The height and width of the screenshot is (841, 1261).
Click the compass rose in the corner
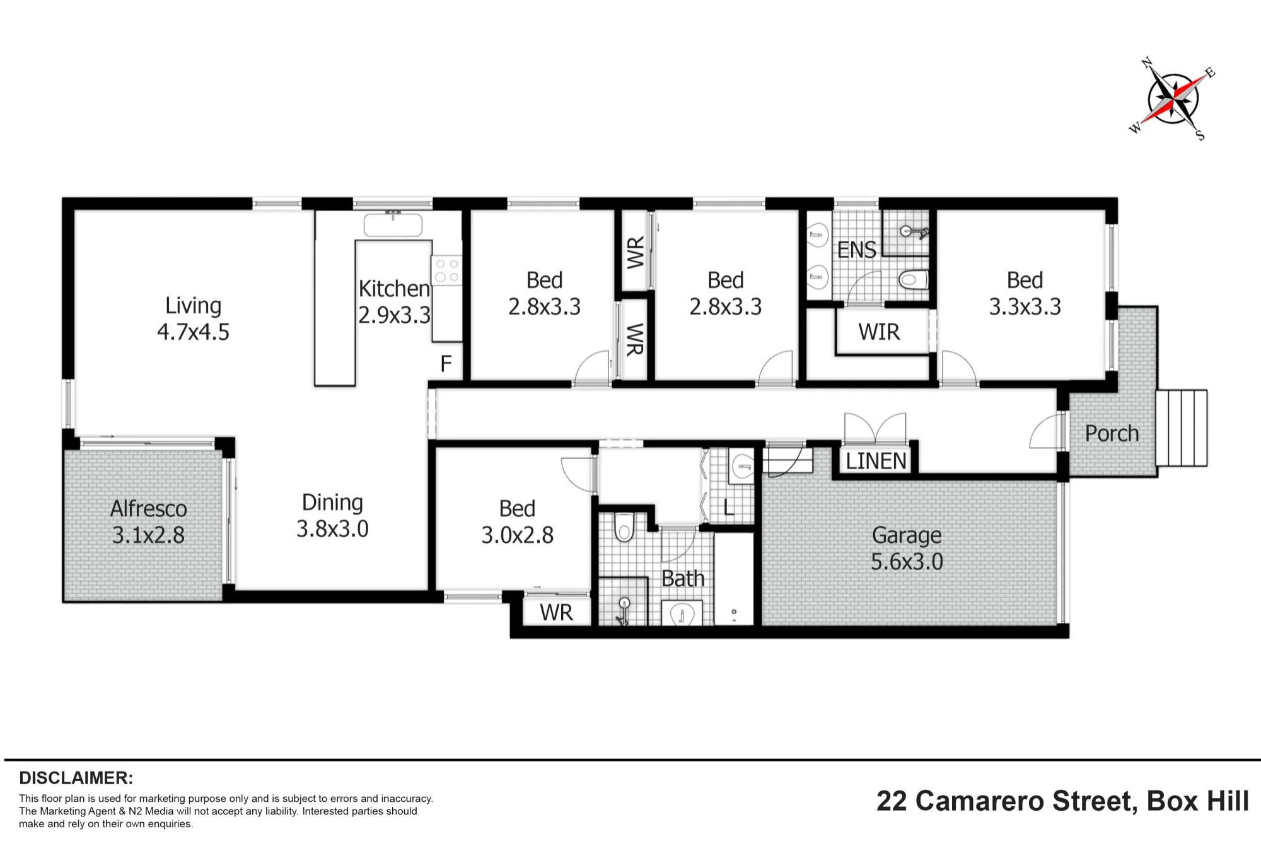pos(1172,99)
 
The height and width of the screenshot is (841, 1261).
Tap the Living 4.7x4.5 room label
pos(193,318)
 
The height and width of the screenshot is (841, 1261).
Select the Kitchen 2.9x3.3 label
pos(394,301)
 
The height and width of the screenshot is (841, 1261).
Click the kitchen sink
pos(393,224)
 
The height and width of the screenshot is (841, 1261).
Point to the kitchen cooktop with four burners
pos(447,270)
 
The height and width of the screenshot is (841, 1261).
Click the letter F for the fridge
pos(446,364)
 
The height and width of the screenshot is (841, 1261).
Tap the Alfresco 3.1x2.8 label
pos(148,521)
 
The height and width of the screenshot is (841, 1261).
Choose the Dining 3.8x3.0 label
pos(332,515)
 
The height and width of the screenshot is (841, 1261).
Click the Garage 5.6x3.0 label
pos(907,548)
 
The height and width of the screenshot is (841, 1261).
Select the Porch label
pos(1112,433)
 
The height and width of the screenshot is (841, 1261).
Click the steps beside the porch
pos(1182,428)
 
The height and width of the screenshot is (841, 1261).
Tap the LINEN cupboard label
pos(876,461)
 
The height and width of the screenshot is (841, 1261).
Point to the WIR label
pos(879,332)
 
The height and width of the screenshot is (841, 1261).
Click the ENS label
pos(856,250)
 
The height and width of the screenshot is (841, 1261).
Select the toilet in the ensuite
pos(914,279)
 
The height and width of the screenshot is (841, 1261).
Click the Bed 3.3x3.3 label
pos(1025,293)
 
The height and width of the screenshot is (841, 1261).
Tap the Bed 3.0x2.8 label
pos(517,521)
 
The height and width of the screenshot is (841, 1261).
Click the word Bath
pos(683,578)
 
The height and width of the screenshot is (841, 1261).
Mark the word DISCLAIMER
pos(76,777)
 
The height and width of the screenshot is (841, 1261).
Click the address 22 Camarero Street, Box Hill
pos(1062,801)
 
